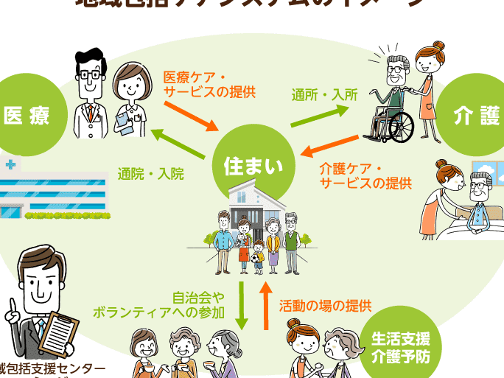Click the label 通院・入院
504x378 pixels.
[150, 175]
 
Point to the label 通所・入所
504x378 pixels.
[324, 94]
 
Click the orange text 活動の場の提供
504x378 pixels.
[325, 304]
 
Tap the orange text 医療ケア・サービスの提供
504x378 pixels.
[209, 84]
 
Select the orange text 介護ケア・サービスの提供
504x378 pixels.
[365, 175]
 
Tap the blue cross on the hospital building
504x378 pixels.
[9, 164]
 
